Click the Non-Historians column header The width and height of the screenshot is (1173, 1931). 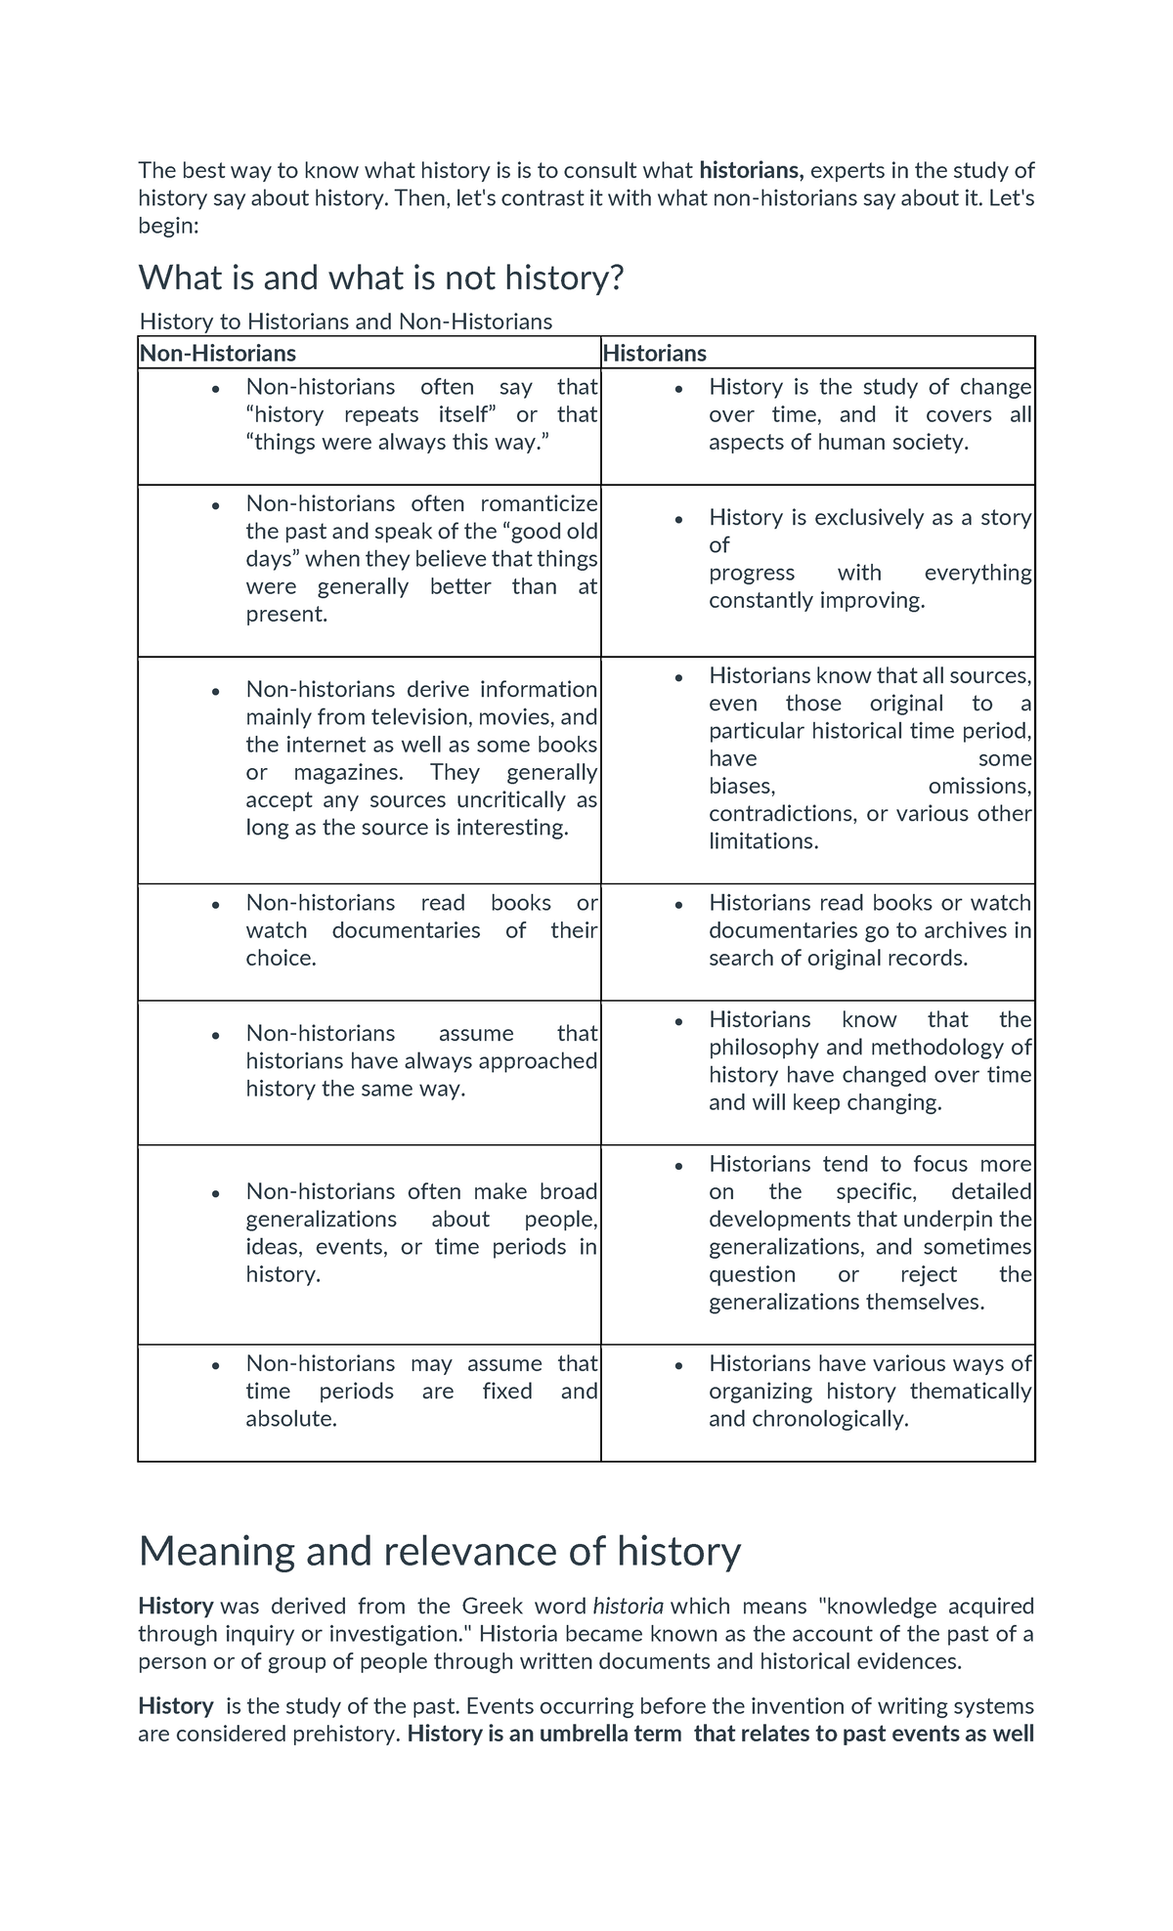[217, 353]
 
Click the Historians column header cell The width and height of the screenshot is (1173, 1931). [654, 353]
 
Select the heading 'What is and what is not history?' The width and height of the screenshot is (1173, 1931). [380, 279]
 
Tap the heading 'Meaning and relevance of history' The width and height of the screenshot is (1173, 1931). [439, 1551]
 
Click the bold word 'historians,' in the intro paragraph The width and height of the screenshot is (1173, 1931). [751, 170]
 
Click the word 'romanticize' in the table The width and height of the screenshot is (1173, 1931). [539, 503]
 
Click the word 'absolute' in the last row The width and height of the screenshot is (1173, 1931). [289, 1419]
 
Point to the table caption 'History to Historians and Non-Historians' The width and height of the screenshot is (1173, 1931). [346, 322]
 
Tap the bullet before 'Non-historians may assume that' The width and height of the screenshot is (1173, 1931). [215, 1366]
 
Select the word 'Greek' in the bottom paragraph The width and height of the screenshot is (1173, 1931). [486, 1607]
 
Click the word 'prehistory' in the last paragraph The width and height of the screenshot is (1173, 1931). [352, 1735]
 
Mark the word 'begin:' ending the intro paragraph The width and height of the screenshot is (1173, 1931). [168, 226]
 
